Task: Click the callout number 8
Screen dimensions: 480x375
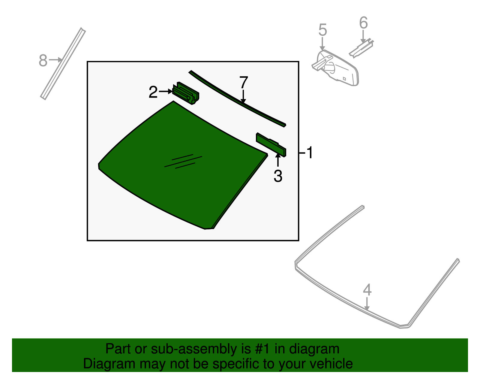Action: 43,60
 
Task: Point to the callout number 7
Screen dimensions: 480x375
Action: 244,82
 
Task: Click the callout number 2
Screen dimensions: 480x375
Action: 153,92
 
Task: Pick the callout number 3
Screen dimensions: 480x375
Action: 278,176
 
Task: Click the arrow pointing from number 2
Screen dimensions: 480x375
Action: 166,91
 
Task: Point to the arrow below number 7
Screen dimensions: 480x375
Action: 243,96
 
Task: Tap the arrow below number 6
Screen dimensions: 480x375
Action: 363,36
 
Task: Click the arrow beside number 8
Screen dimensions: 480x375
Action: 55,60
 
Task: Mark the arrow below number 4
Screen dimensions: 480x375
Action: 367,304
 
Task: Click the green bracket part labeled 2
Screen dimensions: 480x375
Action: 185,93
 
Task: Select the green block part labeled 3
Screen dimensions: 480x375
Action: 271,145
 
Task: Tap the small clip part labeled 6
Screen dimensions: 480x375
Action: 361,48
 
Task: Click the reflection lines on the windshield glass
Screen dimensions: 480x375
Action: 183,161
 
